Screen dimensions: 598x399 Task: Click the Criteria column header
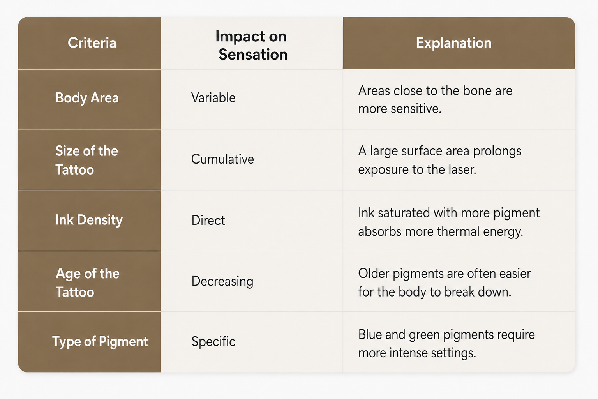click(92, 43)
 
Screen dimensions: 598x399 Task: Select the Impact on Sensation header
click(252, 45)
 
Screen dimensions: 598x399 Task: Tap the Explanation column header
click(453, 43)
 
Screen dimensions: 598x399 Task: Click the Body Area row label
click(87, 98)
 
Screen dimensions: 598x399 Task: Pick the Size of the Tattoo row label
click(86, 160)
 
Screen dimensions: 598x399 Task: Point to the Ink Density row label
click(89, 220)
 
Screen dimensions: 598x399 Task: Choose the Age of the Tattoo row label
click(87, 282)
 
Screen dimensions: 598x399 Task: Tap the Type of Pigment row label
click(100, 342)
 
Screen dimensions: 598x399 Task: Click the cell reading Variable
click(213, 97)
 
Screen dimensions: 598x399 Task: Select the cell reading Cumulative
click(222, 159)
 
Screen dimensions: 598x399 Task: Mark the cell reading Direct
click(208, 220)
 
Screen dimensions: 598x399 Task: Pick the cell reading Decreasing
click(222, 281)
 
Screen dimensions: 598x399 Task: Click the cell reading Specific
click(213, 342)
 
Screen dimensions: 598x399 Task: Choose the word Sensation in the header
click(253, 55)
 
